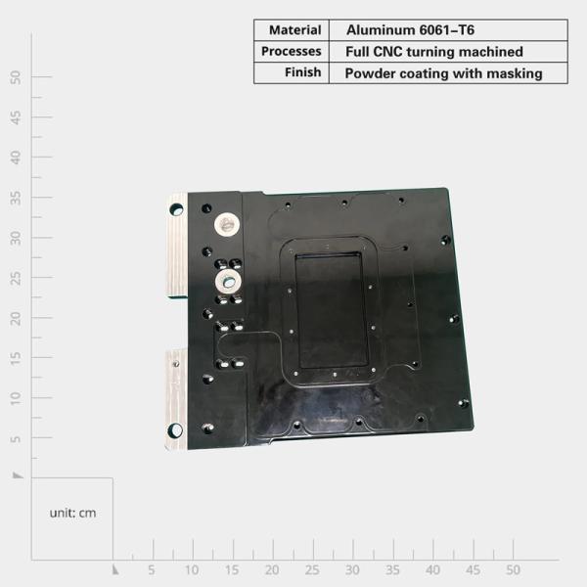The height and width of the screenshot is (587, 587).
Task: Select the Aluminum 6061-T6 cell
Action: tap(411, 29)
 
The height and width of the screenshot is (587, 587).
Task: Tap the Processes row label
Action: tap(292, 51)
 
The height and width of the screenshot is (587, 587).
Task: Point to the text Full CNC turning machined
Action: tap(434, 51)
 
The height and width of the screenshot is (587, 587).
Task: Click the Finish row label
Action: tap(303, 72)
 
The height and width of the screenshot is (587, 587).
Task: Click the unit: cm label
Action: tap(73, 513)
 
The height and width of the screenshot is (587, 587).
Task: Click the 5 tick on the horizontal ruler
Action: tap(152, 569)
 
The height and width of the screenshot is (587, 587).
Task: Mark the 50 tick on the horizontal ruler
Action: tap(513, 569)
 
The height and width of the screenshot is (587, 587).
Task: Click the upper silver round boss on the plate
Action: tap(227, 223)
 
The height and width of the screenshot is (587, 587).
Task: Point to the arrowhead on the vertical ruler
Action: tap(18, 474)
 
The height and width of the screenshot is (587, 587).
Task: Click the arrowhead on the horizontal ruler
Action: tap(115, 568)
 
